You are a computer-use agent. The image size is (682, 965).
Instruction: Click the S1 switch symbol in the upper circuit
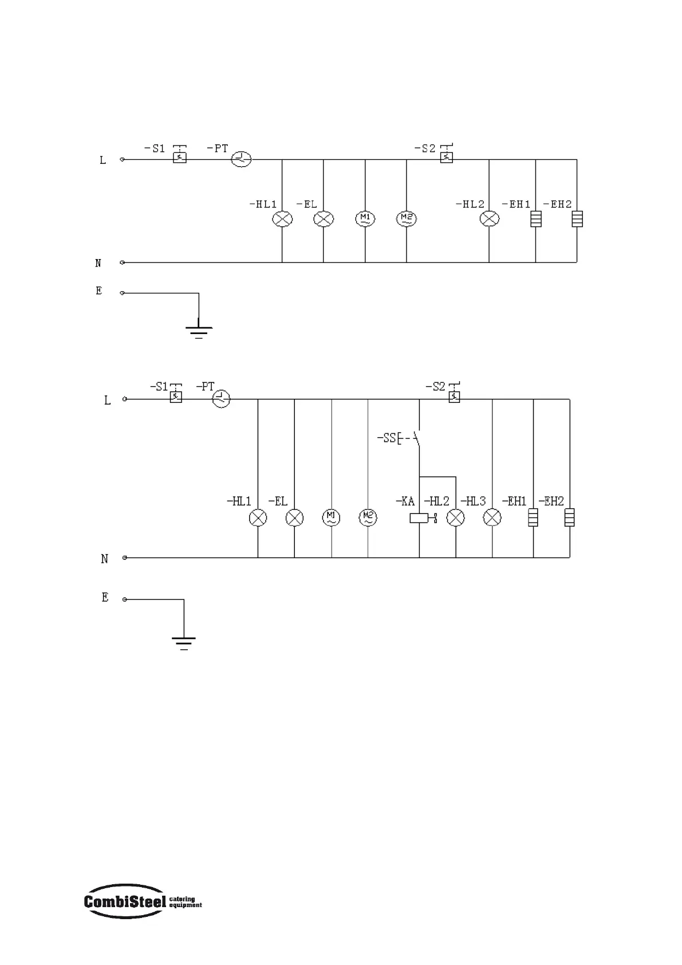pos(179,157)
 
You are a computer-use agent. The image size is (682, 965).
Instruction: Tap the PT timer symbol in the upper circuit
pos(241,159)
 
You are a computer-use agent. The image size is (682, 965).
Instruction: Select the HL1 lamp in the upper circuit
pos(282,219)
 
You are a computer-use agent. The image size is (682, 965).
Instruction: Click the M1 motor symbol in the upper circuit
pos(365,219)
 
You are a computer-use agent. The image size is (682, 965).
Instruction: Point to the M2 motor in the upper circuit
pos(407,218)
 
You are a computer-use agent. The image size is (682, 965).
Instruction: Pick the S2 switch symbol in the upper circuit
pos(446,156)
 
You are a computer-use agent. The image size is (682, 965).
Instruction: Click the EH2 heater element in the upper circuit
pos(577,219)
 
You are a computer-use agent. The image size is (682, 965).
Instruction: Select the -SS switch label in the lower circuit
pos(387,438)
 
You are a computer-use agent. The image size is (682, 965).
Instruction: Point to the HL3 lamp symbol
pos(492,518)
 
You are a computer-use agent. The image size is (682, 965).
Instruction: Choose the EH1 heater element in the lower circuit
pos(533,518)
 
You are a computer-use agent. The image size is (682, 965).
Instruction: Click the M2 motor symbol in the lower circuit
pos(368,518)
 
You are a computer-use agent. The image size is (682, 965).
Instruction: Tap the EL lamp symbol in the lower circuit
pos(294,518)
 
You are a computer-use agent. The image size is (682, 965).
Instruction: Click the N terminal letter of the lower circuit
pos(104,559)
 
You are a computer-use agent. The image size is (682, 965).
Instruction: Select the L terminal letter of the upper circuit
pos(103,160)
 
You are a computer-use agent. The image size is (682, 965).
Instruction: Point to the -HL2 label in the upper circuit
pos(470,205)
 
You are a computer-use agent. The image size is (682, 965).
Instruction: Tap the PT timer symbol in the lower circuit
pos(222,399)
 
